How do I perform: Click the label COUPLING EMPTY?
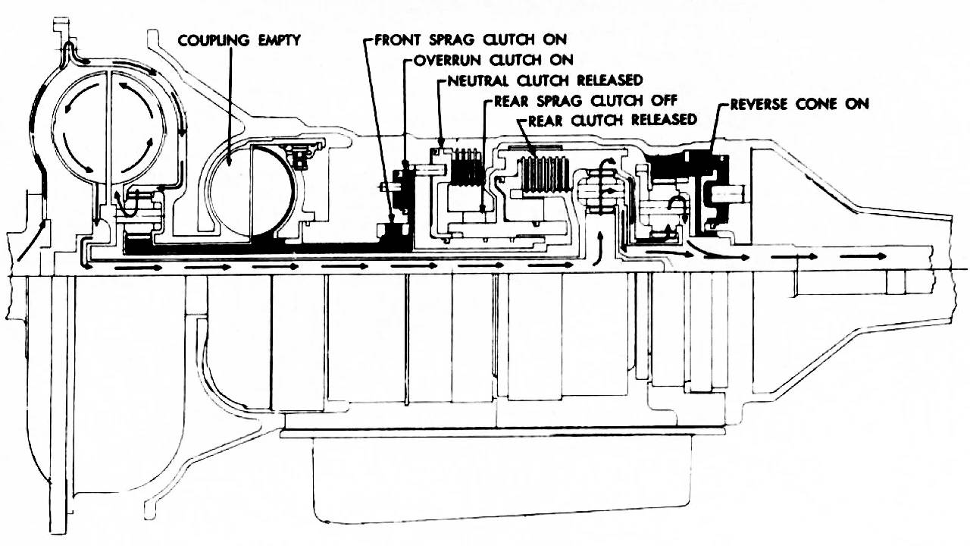click(239, 39)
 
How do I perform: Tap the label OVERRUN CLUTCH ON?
click(494, 59)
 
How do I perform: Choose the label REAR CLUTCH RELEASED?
click(612, 120)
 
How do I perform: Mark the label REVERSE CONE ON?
click(799, 104)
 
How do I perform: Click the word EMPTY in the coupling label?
click(276, 39)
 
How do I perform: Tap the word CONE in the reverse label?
click(812, 104)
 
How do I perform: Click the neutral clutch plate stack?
click(468, 167)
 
